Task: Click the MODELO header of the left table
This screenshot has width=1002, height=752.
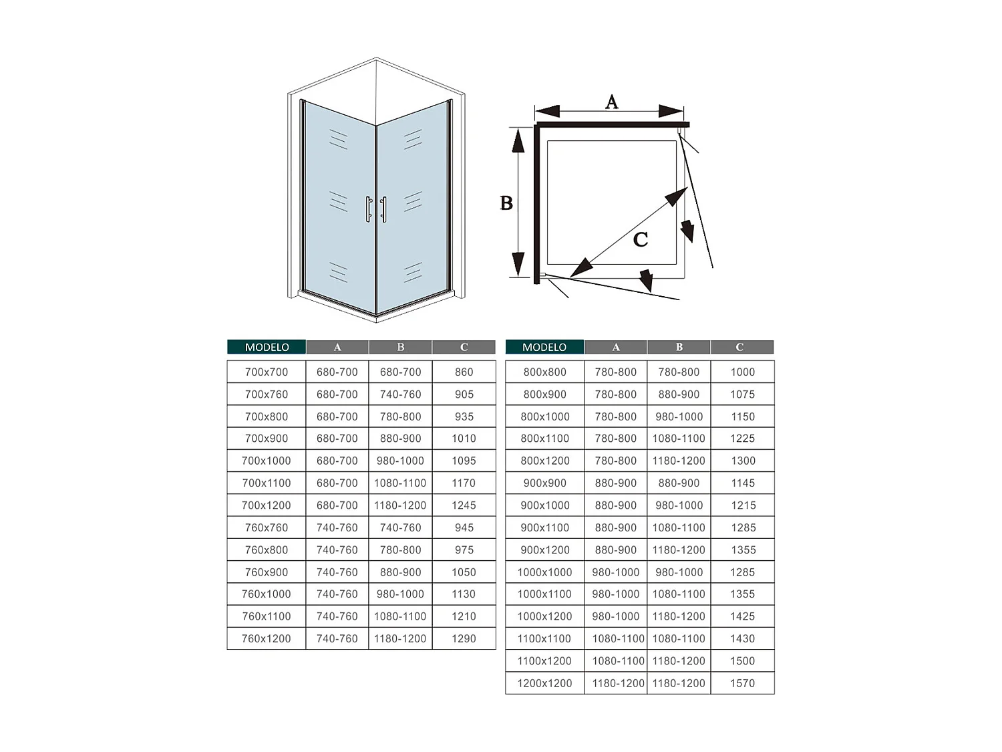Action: (x=267, y=347)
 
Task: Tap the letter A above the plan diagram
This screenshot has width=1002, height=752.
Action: (x=611, y=102)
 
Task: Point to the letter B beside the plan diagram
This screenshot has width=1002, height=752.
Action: (x=506, y=203)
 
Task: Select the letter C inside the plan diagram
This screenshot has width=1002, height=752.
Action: (x=640, y=239)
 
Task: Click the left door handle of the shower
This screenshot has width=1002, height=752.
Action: (x=368, y=209)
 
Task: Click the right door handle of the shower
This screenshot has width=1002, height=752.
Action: (x=383, y=209)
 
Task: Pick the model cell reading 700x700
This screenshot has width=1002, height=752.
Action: (x=267, y=372)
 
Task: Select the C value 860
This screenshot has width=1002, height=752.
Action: (x=464, y=372)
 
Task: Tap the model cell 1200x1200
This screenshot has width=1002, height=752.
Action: (x=544, y=683)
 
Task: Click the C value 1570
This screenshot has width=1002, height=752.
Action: (x=742, y=683)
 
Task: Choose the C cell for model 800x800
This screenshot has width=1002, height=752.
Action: (x=742, y=372)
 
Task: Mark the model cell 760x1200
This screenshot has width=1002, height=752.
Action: (x=267, y=638)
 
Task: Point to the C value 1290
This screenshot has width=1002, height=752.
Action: (x=464, y=638)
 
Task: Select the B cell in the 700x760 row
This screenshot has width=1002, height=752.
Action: (x=400, y=394)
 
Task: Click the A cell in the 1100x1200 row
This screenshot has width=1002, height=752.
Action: (x=618, y=661)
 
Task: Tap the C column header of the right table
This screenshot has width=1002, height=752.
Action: (x=739, y=347)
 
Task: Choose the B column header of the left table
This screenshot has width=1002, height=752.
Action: (x=401, y=347)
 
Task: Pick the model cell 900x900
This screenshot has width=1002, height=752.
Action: (x=544, y=483)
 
